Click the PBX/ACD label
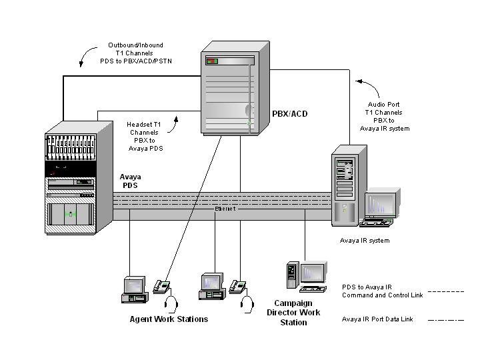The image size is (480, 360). (x=290, y=114)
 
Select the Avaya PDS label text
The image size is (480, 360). (x=129, y=181)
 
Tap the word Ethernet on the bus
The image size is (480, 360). (x=224, y=209)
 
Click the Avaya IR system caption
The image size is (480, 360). (x=365, y=241)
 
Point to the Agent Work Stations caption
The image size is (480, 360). (x=169, y=319)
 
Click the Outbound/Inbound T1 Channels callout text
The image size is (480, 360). (x=131, y=53)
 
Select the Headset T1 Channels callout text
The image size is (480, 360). (x=145, y=136)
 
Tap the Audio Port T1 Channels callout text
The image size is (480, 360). (x=389, y=117)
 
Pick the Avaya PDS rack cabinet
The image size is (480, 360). (x=71, y=179)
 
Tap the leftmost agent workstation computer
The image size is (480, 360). (x=133, y=289)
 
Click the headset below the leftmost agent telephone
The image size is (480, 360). (x=171, y=305)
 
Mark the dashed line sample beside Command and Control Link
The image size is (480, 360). (x=445, y=291)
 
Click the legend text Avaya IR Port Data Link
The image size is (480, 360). (x=377, y=319)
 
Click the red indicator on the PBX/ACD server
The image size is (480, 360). (x=212, y=61)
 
